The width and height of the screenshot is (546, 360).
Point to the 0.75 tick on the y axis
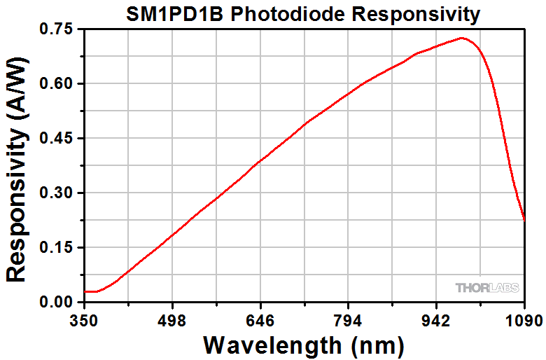click(x=57, y=29)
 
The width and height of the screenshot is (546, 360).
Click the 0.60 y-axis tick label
click(x=57, y=84)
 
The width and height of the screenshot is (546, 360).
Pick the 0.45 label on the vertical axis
click(x=57, y=139)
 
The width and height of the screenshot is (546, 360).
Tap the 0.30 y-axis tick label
click(x=57, y=193)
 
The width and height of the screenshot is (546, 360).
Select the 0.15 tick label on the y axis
click(x=57, y=248)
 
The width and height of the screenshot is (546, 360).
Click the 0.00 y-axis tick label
click(x=57, y=303)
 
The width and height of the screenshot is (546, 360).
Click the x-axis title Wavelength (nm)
click(x=304, y=345)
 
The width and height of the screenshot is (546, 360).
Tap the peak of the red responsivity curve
click(x=462, y=38)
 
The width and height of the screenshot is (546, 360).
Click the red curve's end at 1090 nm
click(x=524, y=219)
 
